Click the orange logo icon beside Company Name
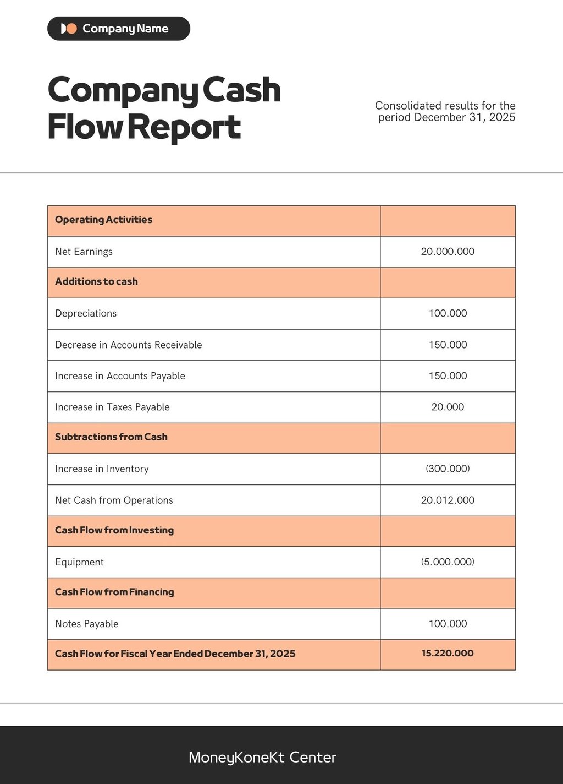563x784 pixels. [69, 29]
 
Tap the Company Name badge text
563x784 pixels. [125, 29]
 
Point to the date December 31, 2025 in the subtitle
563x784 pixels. [465, 117]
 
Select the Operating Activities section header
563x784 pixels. [103, 220]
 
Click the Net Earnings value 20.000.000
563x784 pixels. [448, 252]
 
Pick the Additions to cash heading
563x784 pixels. [96, 281]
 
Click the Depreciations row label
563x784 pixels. [86, 313]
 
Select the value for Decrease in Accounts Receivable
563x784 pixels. [448, 345]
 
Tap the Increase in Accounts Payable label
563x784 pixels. [120, 376]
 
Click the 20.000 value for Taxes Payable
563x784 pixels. [448, 407]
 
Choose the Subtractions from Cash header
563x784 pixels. [111, 437]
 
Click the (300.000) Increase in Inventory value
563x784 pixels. [448, 469]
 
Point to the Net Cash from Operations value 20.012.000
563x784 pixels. [448, 500]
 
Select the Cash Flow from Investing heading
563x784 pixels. [114, 530]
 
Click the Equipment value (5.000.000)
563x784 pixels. [448, 562]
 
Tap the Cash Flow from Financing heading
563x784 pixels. [114, 592]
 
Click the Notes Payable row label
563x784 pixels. [87, 624]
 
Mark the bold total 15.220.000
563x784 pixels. [448, 654]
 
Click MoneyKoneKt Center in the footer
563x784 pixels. [262, 758]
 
